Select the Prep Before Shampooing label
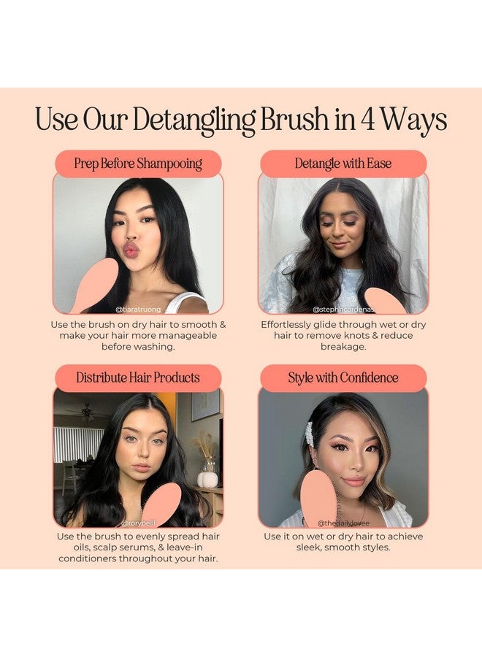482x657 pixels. (138, 164)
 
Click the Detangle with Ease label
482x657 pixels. (343, 164)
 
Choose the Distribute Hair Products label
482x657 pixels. (138, 378)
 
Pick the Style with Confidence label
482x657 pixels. (343, 378)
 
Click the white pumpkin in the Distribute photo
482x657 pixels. (208, 480)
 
